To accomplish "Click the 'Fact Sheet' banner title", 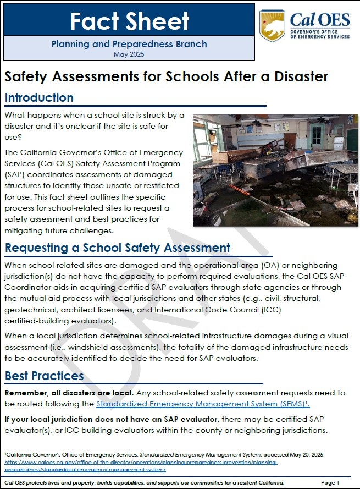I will tap(129, 21).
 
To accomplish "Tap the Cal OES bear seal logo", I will tap(273, 25).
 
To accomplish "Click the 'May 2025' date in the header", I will tap(129, 54).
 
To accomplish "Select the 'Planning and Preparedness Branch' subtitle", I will tap(129, 44).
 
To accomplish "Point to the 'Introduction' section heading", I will tap(39, 98).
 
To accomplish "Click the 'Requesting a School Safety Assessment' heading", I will tap(117, 248).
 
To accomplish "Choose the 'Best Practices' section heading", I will tap(45, 376).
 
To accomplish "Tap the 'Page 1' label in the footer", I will tap(330, 482).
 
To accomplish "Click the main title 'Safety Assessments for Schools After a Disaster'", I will tap(167, 76).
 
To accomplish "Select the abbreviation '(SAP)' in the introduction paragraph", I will tap(15, 174).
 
